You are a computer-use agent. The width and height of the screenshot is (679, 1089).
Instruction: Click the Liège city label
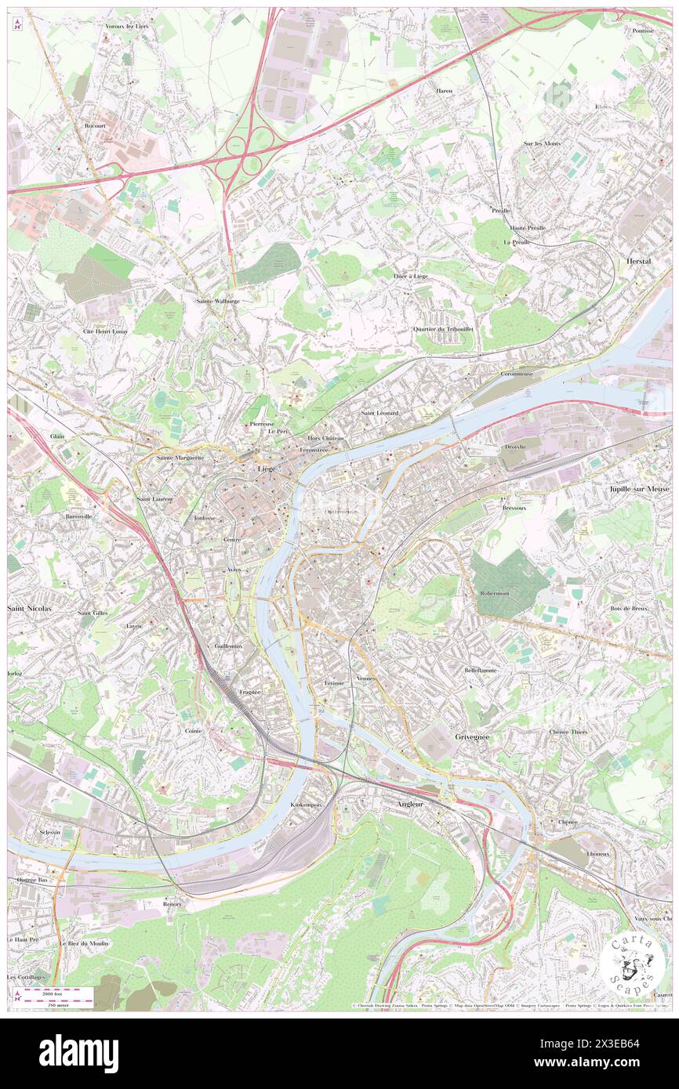point(266,469)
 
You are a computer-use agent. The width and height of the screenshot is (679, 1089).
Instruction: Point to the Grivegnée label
point(473,737)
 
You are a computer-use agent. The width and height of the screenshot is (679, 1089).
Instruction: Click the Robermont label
point(496,592)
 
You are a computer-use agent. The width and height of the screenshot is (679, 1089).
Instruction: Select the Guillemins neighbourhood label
point(228,646)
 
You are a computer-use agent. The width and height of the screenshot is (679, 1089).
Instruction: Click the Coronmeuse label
point(517,374)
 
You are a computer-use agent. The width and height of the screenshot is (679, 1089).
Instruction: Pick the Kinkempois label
point(307,805)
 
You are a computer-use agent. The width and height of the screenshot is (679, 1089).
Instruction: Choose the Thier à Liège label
point(410,277)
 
